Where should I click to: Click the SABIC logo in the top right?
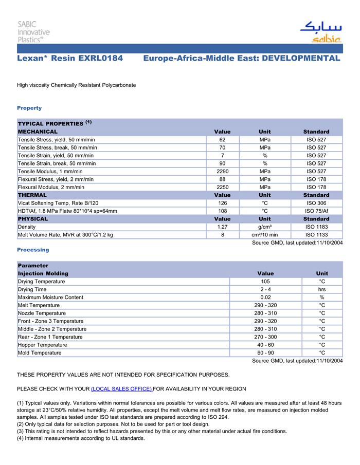[x=320, y=32]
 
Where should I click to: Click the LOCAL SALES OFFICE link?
[x=121, y=388]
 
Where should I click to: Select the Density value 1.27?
[x=222, y=227]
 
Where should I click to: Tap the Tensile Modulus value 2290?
[x=222, y=171]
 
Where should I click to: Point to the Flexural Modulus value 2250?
[x=222, y=187]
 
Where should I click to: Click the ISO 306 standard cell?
[x=316, y=203]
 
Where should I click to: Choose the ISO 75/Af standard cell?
[x=316, y=211]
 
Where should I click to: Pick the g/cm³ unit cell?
[x=265, y=227]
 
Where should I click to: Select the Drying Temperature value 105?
[x=265, y=282]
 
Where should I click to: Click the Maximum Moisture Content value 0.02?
[x=265, y=297]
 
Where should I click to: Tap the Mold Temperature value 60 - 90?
[x=265, y=353]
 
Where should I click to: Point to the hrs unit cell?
[x=322, y=289]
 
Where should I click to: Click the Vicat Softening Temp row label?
[x=58, y=203]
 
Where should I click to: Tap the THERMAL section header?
[x=32, y=195]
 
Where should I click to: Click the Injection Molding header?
[x=43, y=273]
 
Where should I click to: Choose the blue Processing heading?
[x=33, y=250]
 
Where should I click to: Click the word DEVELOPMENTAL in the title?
[x=301, y=58]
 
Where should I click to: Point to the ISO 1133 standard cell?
[x=316, y=235]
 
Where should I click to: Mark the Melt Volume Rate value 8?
[x=222, y=235]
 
